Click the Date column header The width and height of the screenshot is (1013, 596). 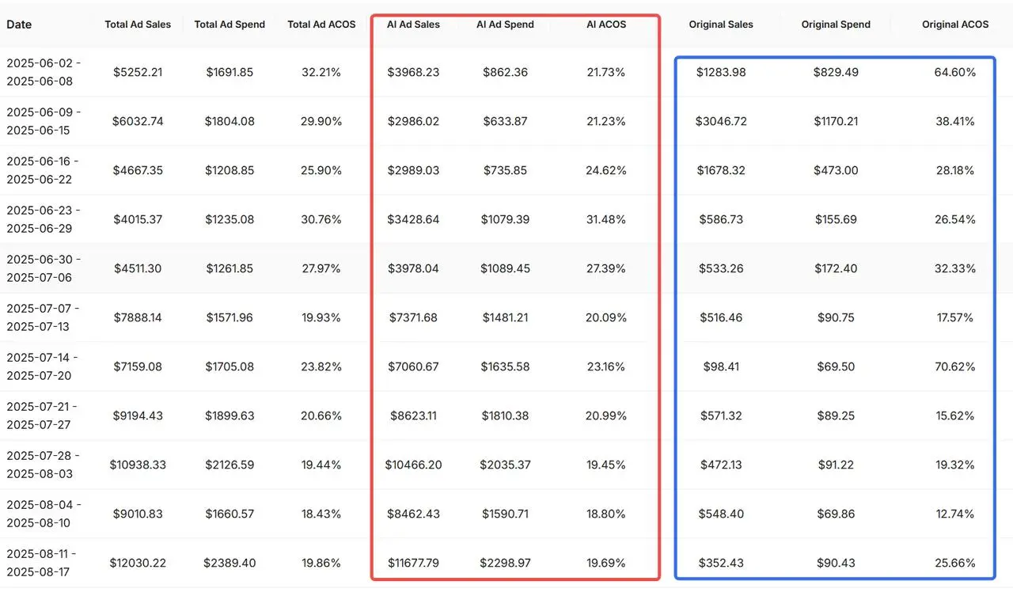[x=19, y=25]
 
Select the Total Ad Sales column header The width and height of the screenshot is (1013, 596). [x=138, y=25]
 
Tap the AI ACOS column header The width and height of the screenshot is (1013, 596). [x=606, y=25]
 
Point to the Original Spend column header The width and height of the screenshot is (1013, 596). [x=836, y=25]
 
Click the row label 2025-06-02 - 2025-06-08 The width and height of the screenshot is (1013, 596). [x=44, y=71]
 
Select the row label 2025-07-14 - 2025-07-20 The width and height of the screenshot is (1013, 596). [x=44, y=366]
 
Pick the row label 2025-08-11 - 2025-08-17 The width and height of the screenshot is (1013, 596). [x=44, y=563]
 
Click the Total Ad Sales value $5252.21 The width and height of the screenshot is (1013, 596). [x=138, y=72]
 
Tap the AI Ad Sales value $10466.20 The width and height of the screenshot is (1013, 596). [x=413, y=465]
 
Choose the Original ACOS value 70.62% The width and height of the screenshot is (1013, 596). [x=955, y=366]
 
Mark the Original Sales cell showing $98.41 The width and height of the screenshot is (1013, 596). [x=721, y=366]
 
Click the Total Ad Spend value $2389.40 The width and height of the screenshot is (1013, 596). [x=230, y=563]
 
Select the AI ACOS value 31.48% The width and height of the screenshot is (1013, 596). [x=606, y=219]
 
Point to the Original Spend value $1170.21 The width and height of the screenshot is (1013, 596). [x=836, y=121]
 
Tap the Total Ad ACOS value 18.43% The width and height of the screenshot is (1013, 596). [x=321, y=514]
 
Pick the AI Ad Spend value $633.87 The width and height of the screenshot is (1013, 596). [x=505, y=121]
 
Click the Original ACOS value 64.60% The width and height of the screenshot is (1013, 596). [x=955, y=72]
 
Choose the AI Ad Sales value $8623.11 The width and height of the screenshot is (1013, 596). [x=413, y=416]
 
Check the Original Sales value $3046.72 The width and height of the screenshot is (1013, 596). [x=721, y=121]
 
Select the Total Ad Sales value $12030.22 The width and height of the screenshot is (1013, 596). [x=138, y=563]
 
